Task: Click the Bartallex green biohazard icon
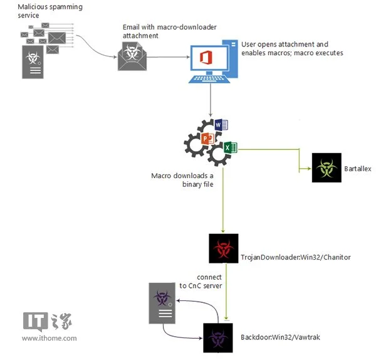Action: [x=326, y=167]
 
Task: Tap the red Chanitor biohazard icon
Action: [x=224, y=248]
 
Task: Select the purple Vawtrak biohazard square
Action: [x=218, y=338]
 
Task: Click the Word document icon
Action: [x=221, y=125]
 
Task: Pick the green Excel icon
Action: [x=231, y=147]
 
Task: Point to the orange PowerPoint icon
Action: [x=207, y=139]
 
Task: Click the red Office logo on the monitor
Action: [x=206, y=58]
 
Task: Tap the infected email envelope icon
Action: [x=132, y=56]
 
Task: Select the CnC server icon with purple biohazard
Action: [x=162, y=303]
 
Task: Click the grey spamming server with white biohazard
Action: [x=33, y=62]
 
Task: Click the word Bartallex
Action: [x=358, y=169]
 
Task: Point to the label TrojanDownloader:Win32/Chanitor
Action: [x=296, y=257]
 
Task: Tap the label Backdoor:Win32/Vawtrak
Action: [x=280, y=337]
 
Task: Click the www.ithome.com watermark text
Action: [x=50, y=339]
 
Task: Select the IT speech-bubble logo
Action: [x=35, y=322]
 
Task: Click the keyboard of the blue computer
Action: [x=209, y=79]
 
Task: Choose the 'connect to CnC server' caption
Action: [x=201, y=282]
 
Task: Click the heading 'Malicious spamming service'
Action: [x=50, y=11]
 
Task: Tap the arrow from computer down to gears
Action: [x=211, y=100]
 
